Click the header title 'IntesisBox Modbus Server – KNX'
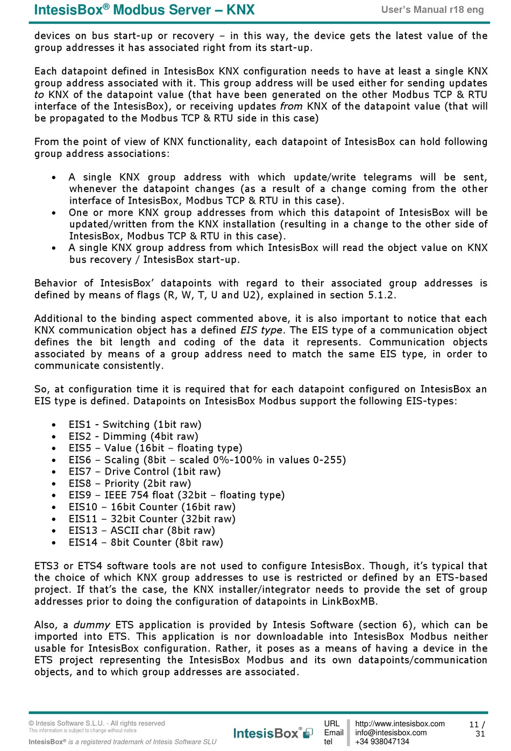tap(144, 10)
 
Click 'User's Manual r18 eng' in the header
tap(432, 10)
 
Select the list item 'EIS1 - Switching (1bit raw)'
tap(135, 425)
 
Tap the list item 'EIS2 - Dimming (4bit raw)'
tap(133, 437)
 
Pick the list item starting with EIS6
tap(207, 460)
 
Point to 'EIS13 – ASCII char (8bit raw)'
tap(141, 531)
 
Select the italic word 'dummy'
tap(91, 625)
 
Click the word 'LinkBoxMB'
tap(350, 601)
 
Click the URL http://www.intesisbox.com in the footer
tap(400, 724)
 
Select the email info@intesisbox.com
tap(391, 733)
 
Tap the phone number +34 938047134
tap(382, 742)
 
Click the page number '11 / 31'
tap(477, 729)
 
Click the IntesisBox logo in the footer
tap(273, 733)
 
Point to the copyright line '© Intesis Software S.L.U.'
tap(97, 724)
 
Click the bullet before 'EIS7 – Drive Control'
tap(54, 472)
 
